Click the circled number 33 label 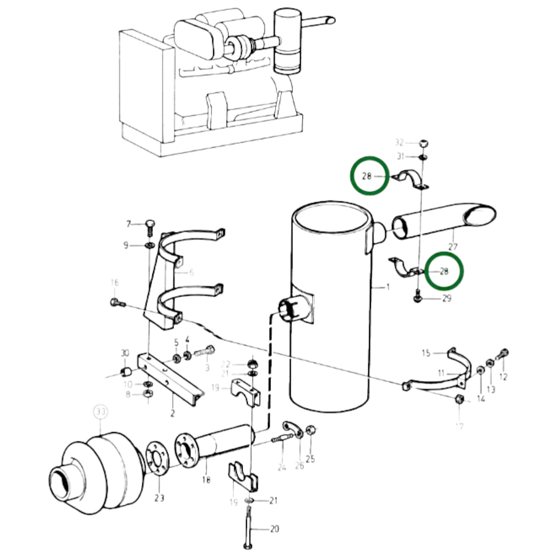(101, 412)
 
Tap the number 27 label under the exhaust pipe (453, 246)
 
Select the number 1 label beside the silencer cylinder (388, 287)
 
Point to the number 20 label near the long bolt (274, 529)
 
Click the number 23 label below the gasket (159, 498)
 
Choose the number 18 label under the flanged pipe (206, 480)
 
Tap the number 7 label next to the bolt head (129, 224)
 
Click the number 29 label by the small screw (446, 298)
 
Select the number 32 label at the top (399, 143)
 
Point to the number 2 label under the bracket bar (172, 414)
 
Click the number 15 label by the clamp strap (426, 353)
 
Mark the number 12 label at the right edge (503, 377)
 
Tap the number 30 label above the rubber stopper (125, 353)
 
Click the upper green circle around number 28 (369, 176)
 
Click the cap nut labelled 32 (424, 143)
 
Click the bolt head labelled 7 (150, 224)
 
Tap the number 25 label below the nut (310, 459)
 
